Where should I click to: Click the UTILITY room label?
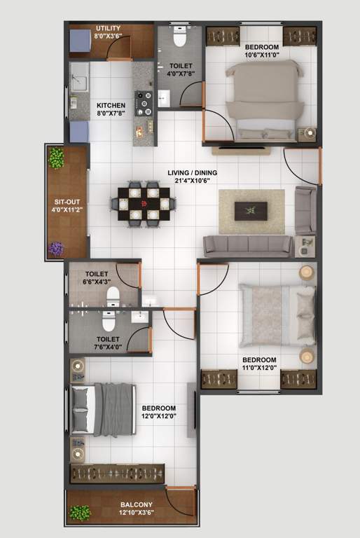tap(108, 28)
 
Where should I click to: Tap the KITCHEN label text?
tap(111, 106)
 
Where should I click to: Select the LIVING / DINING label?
tap(189, 172)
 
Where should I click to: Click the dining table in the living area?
tap(143, 204)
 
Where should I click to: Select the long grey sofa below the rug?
tap(247, 246)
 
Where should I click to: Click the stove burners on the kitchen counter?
tap(146, 102)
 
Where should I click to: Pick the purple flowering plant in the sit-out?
tap(56, 248)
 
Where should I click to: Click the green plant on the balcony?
tap(80, 513)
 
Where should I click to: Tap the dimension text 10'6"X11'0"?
tap(262, 55)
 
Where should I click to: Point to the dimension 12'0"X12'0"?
tap(158, 416)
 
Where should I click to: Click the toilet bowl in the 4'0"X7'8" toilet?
tap(179, 36)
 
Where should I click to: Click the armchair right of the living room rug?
tap(305, 210)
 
